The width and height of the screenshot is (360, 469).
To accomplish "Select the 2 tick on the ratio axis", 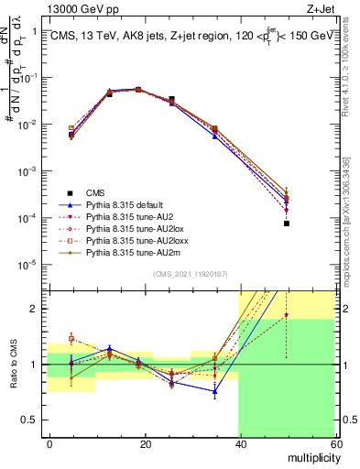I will [36, 309].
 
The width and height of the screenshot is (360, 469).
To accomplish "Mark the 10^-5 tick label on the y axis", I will [27, 266].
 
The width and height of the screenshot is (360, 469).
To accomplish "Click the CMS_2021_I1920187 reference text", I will [190, 274].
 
